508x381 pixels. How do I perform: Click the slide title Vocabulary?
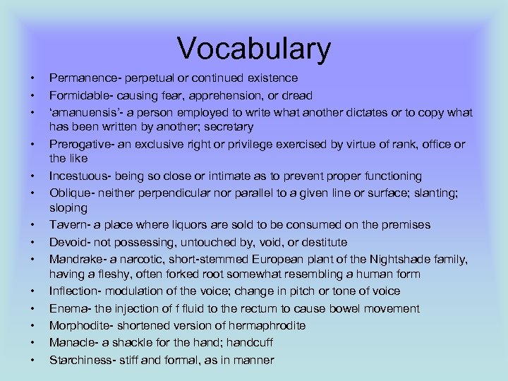254,49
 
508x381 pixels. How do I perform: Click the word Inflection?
73,291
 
